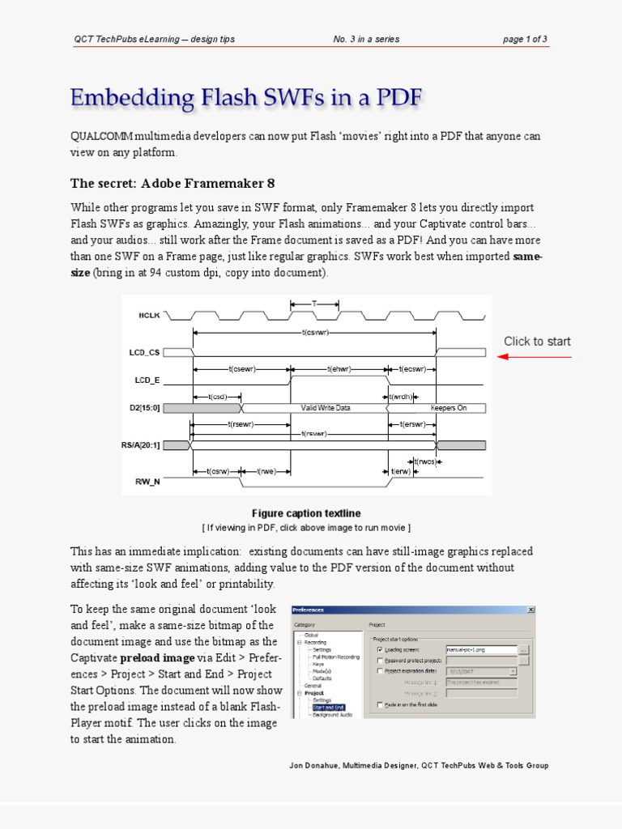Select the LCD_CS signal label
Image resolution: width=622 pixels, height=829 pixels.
click(x=144, y=353)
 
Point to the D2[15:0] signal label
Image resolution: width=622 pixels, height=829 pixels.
click(x=145, y=408)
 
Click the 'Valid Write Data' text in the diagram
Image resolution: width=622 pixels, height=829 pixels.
click(x=326, y=408)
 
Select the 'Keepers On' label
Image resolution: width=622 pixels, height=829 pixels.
click(x=449, y=408)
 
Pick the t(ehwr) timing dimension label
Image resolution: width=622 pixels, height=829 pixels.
click(x=339, y=369)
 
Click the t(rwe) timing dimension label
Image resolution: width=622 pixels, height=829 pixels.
click(x=266, y=470)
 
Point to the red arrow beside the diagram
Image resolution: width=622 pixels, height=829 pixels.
click(x=534, y=356)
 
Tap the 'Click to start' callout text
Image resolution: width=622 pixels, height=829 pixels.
click(x=537, y=342)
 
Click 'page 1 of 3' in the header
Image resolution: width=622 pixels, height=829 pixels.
click(x=525, y=40)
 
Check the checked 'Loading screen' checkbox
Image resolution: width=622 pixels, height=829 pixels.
click(x=380, y=649)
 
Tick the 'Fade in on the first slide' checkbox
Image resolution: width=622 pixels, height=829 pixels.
click(x=380, y=705)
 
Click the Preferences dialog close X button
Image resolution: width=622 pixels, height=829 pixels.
click(x=530, y=610)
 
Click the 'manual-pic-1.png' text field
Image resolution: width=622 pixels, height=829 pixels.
click(x=481, y=649)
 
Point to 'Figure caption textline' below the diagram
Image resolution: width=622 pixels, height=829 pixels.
click(x=306, y=513)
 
